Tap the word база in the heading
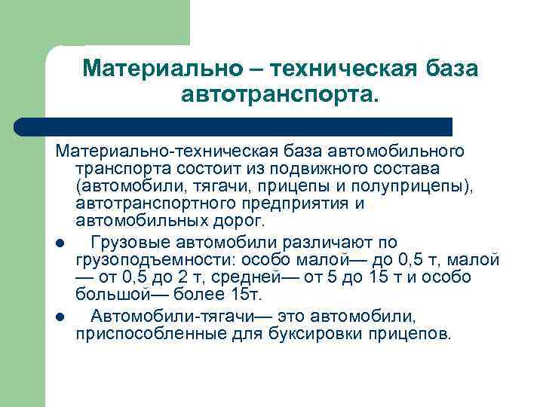444,69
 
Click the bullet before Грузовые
60,243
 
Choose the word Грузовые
129,241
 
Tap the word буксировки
333,333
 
